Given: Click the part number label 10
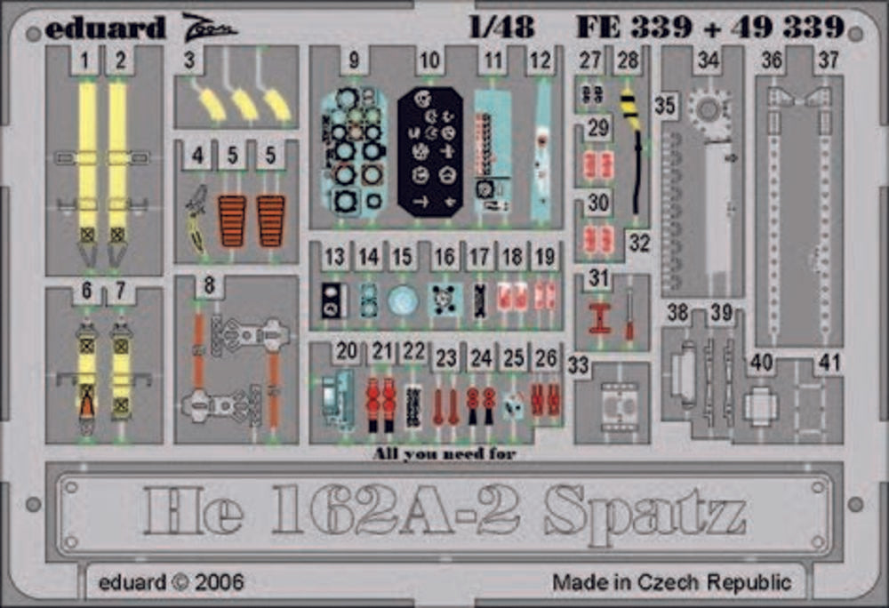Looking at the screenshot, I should tap(429, 61).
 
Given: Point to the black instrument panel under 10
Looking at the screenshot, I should tap(429, 151).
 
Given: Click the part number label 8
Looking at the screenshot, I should tap(209, 286).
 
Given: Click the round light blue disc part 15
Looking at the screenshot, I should tap(403, 300).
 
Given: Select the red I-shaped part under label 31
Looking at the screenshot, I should tap(600, 316).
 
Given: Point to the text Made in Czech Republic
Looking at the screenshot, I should tap(670, 583).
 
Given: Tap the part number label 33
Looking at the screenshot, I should tap(579, 365).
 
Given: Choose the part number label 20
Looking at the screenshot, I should tap(347, 351).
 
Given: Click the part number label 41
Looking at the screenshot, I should tap(829, 364).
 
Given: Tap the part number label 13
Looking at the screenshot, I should tap(334, 258).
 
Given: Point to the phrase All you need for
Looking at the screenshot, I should tap(444, 454).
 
